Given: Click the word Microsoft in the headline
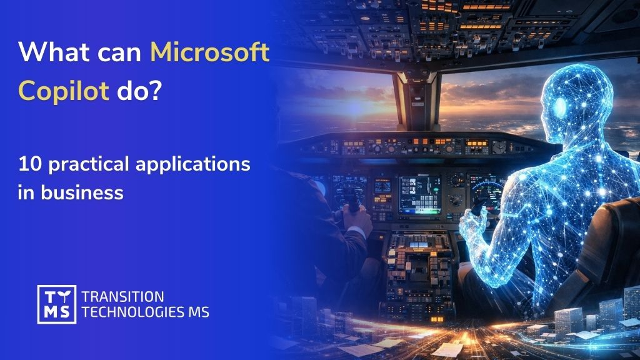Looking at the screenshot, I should [209, 53].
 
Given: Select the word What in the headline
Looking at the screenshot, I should [54, 53].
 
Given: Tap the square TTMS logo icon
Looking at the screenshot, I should [56, 304].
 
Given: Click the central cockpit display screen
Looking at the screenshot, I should [420, 193].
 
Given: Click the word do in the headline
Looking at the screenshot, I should [131, 92].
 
